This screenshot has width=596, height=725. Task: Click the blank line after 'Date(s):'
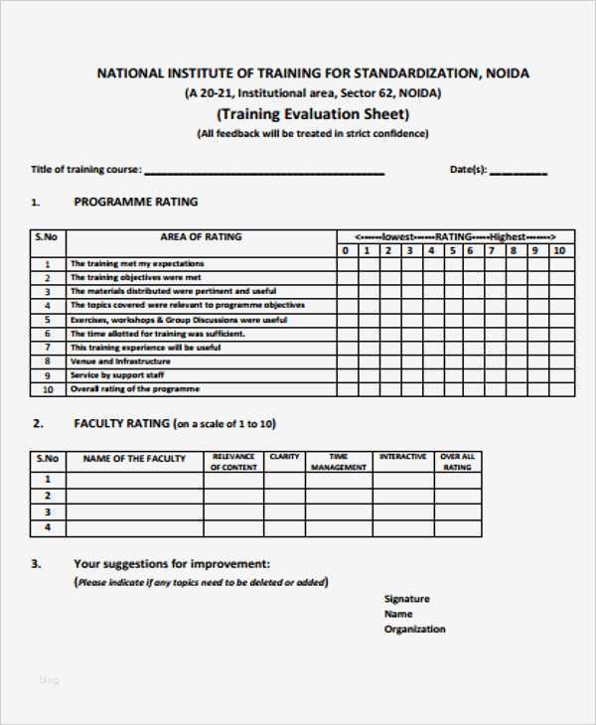tap(519, 172)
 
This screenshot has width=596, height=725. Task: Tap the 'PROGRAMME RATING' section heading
tap(136, 202)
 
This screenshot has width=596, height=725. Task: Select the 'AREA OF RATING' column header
tap(201, 237)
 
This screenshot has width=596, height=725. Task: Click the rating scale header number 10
tap(558, 250)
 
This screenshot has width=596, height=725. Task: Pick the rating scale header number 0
tap(345, 250)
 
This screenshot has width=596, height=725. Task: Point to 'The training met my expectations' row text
tap(122, 264)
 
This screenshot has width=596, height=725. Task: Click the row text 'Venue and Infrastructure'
tap(106, 362)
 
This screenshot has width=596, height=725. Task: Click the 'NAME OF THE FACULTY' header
tap(134, 459)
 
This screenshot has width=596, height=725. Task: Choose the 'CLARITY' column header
tap(285, 457)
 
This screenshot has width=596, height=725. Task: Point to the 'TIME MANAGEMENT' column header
tap(339, 462)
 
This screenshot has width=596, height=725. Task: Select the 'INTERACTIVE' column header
tap(402, 457)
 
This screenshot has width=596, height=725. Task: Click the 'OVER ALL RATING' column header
tap(457, 462)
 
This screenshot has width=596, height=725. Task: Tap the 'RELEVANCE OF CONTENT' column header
tap(233, 462)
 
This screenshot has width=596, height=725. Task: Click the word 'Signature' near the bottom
tap(406, 599)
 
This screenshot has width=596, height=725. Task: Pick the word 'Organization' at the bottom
tap(414, 629)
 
